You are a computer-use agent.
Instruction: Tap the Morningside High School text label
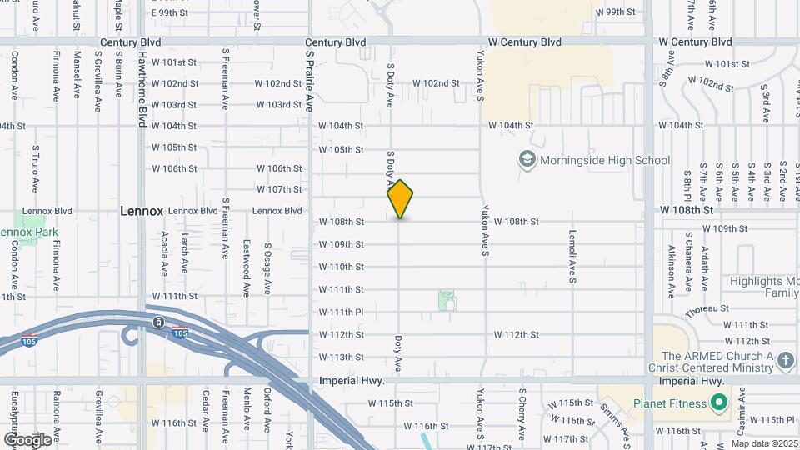(604, 160)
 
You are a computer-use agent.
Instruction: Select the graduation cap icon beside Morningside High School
(527, 158)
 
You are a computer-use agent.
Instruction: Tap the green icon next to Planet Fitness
(718, 404)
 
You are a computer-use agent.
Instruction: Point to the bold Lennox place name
(142, 211)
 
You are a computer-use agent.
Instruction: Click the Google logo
(27, 439)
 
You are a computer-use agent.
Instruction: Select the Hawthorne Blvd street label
(142, 92)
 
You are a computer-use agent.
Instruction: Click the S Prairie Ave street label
(308, 80)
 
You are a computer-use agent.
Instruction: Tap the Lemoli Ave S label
(572, 257)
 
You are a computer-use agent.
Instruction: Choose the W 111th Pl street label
(342, 312)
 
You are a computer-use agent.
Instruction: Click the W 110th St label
(342, 267)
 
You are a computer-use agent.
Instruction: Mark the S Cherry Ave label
(522, 414)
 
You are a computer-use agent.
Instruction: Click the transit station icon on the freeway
(158, 322)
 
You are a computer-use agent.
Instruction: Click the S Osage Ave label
(267, 269)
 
